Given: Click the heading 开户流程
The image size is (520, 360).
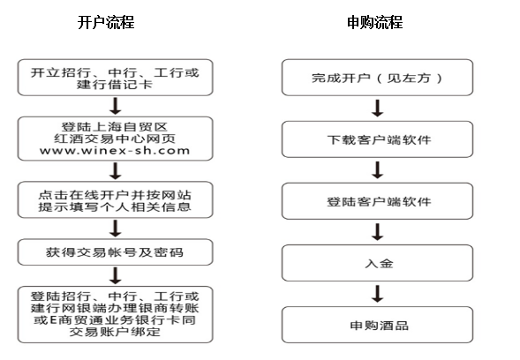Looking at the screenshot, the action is click(106, 23).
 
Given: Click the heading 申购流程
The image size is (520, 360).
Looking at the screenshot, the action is click(375, 23).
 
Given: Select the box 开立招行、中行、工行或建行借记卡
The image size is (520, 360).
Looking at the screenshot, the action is click(115, 78).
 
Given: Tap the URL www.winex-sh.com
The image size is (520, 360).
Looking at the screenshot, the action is click(115, 151).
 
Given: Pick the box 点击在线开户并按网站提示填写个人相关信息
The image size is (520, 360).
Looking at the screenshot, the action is click(115, 199).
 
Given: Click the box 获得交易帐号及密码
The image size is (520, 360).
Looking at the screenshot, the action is click(115, 252).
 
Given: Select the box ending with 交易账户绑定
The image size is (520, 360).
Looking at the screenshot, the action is click(115, 315).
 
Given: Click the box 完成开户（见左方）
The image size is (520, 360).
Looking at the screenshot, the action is click(377, 78).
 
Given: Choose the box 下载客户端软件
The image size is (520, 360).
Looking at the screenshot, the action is click(377, 139).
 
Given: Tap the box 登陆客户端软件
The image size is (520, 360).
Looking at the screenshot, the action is click(377, 201).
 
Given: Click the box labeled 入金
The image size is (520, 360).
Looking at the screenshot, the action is click(377, 263).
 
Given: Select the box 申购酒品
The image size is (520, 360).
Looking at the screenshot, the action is click(377, 325).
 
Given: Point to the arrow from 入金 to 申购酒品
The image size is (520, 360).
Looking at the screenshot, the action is click(377, 294).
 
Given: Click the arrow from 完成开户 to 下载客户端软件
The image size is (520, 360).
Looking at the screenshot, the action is click(377, 108).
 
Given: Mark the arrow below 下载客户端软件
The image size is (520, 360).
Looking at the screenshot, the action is click(377, 170).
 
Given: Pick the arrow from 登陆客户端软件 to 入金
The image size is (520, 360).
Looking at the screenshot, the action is click(377, 232).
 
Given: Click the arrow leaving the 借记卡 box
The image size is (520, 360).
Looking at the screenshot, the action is click(115, 106).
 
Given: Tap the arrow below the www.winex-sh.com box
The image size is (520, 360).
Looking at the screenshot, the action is click(115, 170).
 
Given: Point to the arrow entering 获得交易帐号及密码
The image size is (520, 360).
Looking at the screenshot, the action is click(115, 229).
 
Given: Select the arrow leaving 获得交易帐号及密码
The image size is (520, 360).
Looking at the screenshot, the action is click(115, 276).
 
